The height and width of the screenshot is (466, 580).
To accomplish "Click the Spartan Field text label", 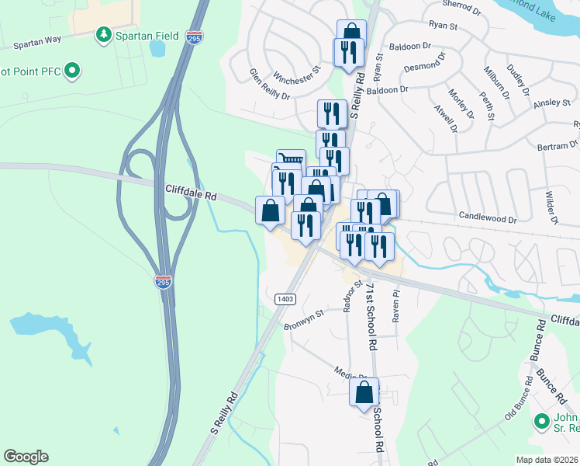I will point(147,36).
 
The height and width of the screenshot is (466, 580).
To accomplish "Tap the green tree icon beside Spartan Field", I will point(102,35).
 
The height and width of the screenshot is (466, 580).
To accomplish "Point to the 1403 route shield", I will point(285,299).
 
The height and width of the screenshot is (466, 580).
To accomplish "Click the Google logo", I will point(26,457).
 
